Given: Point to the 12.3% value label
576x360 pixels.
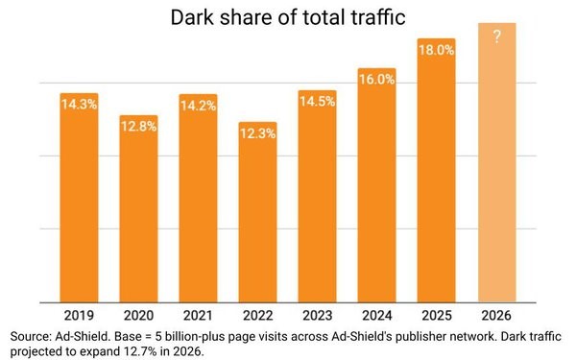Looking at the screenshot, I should coord(257,133).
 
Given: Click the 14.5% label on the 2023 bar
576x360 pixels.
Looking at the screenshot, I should coord(317,99).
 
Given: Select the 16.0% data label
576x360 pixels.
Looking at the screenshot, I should coord(376,79).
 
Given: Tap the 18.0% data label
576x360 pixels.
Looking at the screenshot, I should coord(436,49).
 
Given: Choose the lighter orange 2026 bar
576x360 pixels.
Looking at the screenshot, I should coord(496,173).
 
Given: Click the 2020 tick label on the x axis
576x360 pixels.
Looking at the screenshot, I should coord(138,315).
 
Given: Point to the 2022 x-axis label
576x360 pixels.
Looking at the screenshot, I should coord(257,315).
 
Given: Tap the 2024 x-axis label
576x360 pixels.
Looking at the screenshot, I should coord(376,315).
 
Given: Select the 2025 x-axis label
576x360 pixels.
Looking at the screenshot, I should coord(436,315).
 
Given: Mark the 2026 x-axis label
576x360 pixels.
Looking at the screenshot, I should coord(496,315).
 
